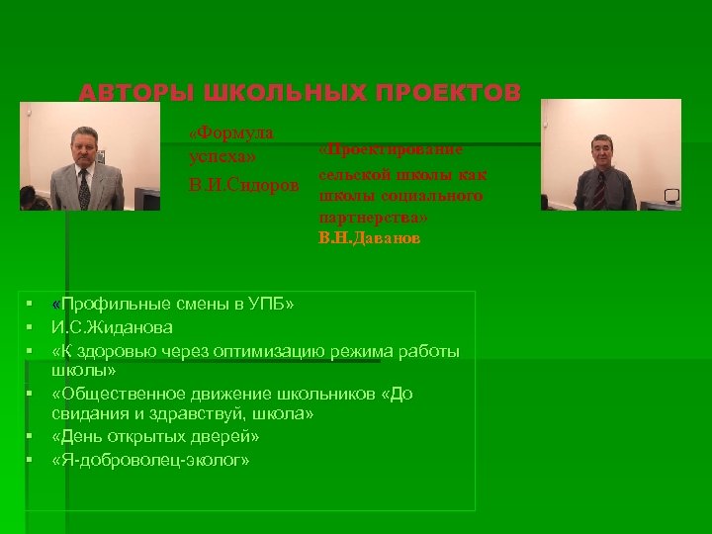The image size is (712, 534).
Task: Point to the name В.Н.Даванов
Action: (x=369, y=239)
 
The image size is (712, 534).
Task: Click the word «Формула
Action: (x=231, y=133)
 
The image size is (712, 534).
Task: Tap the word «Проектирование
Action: (x=391, y=149)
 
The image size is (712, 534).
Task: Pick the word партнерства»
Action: (x=374, y=217)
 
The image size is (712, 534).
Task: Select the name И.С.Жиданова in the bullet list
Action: (x=113, y=327)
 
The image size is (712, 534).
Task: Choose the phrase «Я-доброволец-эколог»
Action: (x=150, y=460)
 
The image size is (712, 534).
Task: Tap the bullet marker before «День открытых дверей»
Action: (x=32, y=436)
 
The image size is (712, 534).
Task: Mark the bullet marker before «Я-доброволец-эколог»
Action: (x=32, y=460)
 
